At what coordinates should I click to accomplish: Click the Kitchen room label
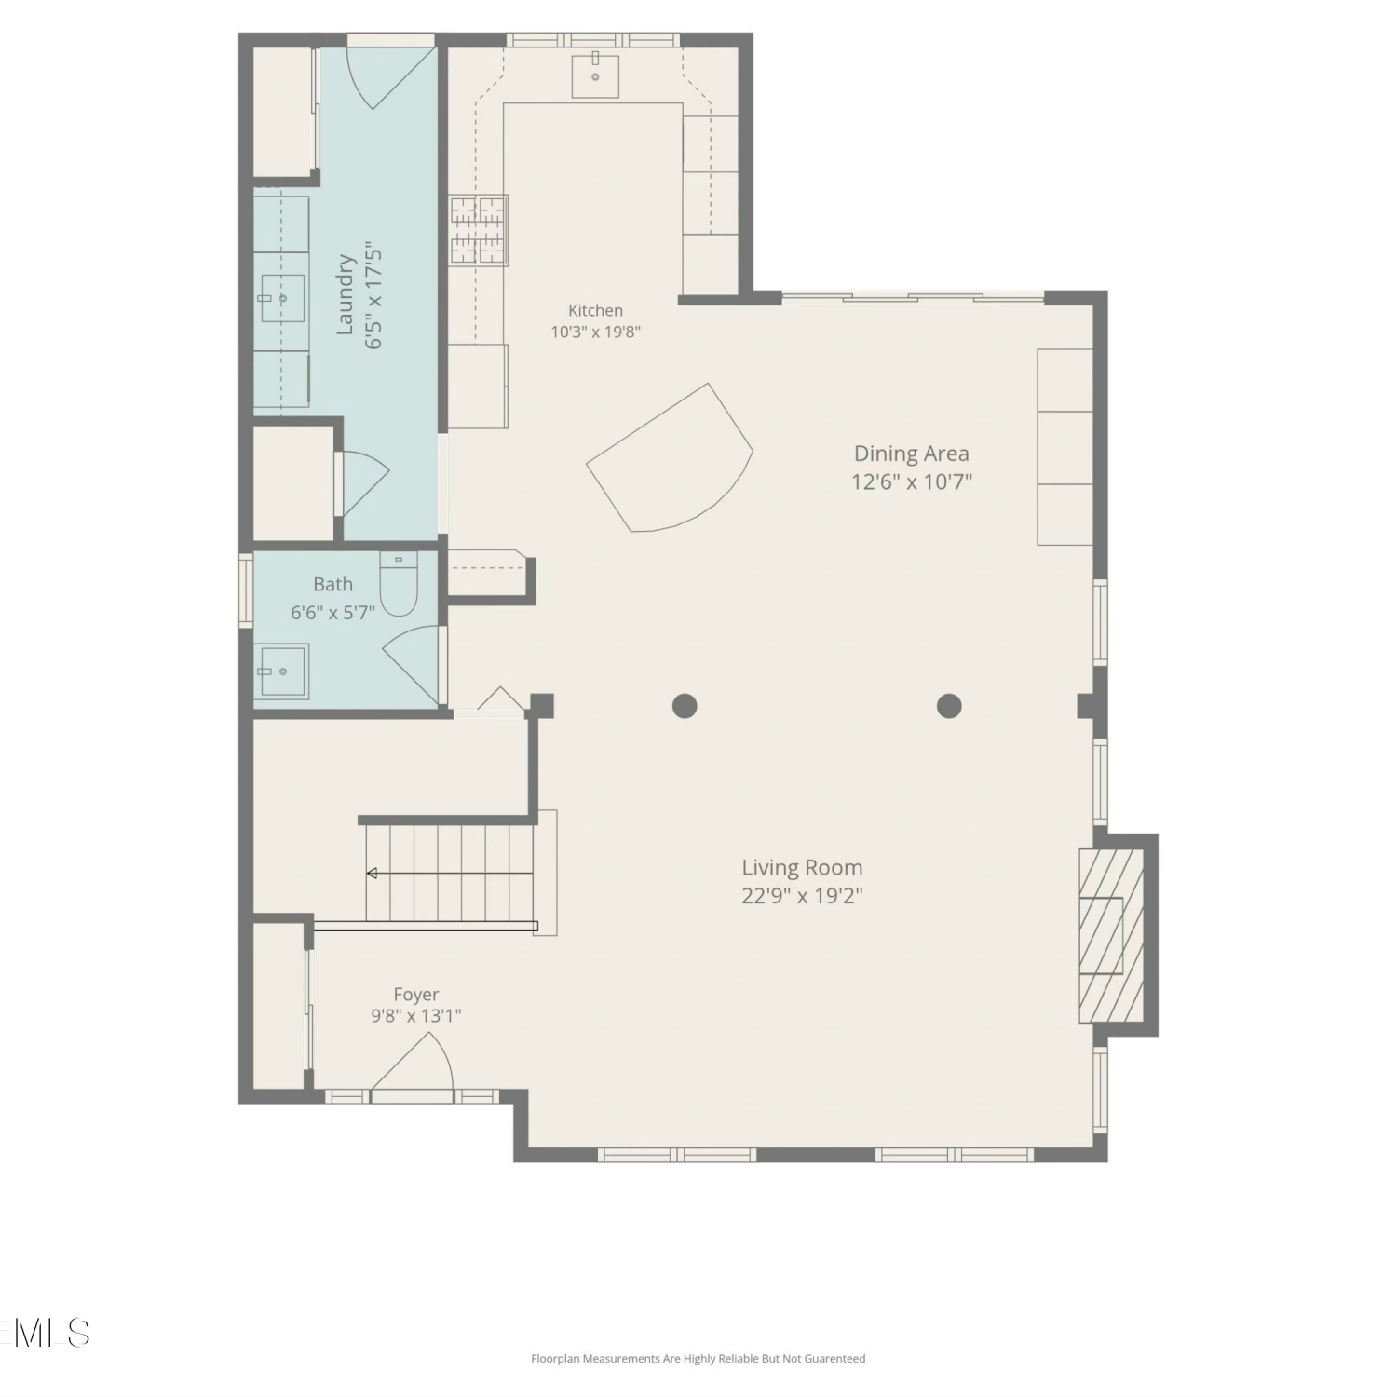pyautogui.click(x=596, y=310)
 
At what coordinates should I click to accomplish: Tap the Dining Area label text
pyautogui.click(x=912, y=454)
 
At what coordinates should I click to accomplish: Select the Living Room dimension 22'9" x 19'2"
pyautogui.click(x=803, y=896)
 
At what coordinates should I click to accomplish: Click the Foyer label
pyautogui.click(x=416, y=995)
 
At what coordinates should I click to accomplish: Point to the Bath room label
pyautogui.click(x=333, y=584)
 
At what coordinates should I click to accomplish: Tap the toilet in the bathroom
pyautogui.click(x=400, y=584)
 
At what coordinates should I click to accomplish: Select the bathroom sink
pyautogui.click(x=284, y=671)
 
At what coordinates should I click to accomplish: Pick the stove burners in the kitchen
pyautogui.click(x=479, y=229)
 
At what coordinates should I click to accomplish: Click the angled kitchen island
pyautogui.click(x=669, y=457)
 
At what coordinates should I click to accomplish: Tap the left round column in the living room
pyautogui.click(x=685, y=706)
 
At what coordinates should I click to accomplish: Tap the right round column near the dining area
pyautogui.click(x=949, y=706)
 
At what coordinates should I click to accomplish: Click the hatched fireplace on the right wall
pyautogui.click(x=1111, y=935)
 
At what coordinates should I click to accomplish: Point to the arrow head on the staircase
pyautogui.click(x=372, y=873)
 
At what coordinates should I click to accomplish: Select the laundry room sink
pyautogui.click(x=282, y=299)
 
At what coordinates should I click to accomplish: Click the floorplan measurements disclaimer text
pyautogui.click(x=698, y=1359)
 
